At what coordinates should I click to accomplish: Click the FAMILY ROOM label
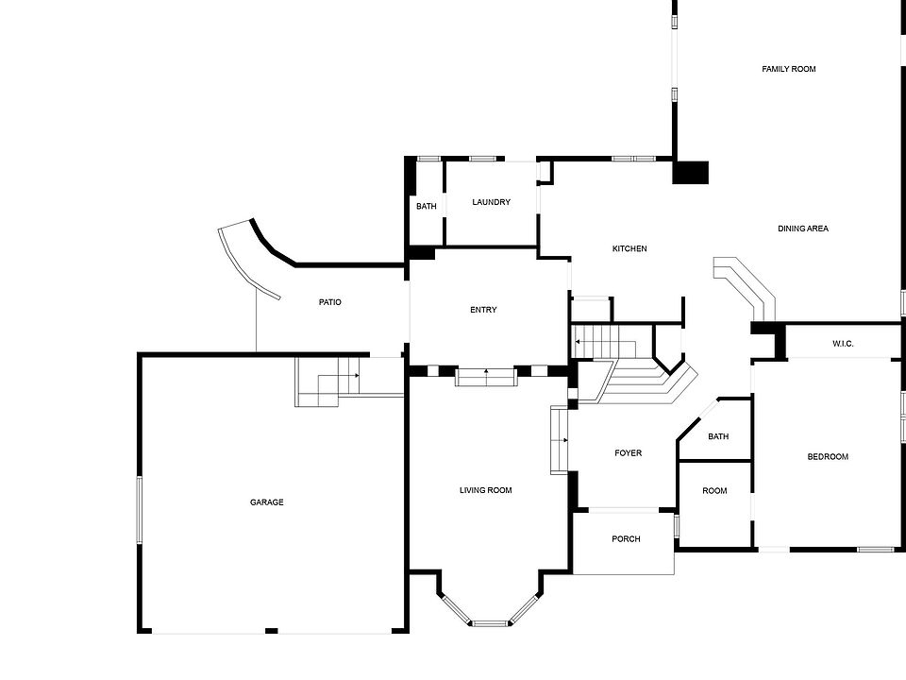789,69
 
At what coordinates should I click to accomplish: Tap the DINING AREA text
803,229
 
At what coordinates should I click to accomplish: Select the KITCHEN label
629,248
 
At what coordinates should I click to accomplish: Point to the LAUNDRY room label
492,202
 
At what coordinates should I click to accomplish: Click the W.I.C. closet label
843,344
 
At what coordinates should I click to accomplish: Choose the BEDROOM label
828,457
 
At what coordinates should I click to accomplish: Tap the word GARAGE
267,502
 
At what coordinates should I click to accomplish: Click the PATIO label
329,302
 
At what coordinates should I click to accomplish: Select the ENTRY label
483,310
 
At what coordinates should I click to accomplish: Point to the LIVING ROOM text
486,490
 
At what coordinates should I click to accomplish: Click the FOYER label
629,453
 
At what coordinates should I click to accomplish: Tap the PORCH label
626,539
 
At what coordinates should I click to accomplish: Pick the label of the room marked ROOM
714,491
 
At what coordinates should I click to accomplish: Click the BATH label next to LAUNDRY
427,206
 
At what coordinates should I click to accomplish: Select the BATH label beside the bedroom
718,436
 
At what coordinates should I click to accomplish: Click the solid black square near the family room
690,173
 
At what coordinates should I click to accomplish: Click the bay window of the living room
489,621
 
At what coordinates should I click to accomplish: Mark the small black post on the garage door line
271,630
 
